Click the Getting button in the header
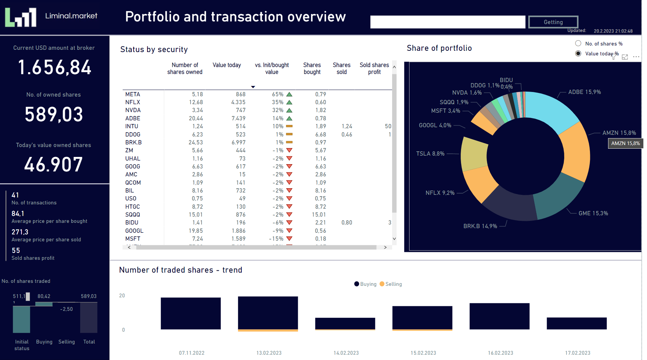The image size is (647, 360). click(553, 22)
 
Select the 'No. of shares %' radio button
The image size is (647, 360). click(578, 44)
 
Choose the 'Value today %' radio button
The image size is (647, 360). click(578, 53)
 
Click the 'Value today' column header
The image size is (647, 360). click(227, 65)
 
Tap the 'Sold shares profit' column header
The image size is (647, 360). click(374, 69)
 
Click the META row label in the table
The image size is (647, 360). click(133, 94)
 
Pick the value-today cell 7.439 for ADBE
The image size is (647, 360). click(238, 118)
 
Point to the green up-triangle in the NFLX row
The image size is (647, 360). click(289, 103)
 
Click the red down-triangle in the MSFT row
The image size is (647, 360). click(289, 239)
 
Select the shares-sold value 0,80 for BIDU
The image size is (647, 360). click(347, 223)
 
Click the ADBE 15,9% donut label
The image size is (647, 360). click(584, 92)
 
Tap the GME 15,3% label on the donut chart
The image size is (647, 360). click(593, 213)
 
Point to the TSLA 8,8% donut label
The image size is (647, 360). click(430, 154)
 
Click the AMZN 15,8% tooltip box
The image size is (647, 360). click(625, 143)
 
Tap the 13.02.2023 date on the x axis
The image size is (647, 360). click(269, 353)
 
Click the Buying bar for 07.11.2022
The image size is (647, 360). click(191, 313)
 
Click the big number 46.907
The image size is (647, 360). click(53, 165)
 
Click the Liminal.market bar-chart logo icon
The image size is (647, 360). click(20, 17)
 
